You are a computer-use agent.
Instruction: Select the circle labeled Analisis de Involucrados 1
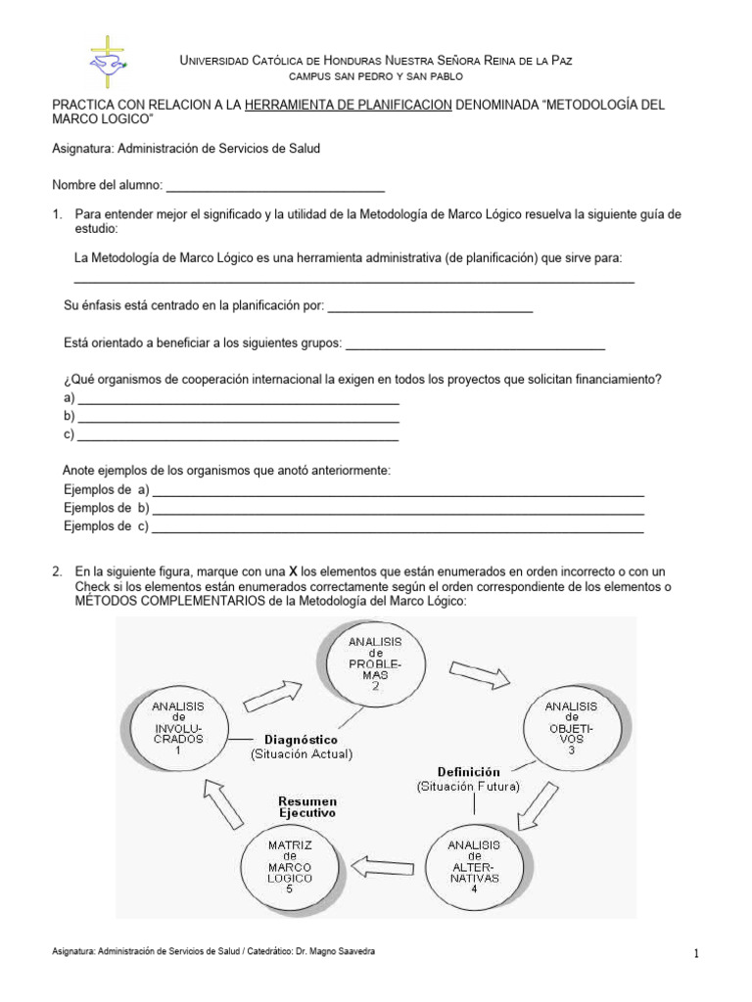pos(178,728)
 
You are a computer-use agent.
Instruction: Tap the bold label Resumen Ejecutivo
pos(306,806)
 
